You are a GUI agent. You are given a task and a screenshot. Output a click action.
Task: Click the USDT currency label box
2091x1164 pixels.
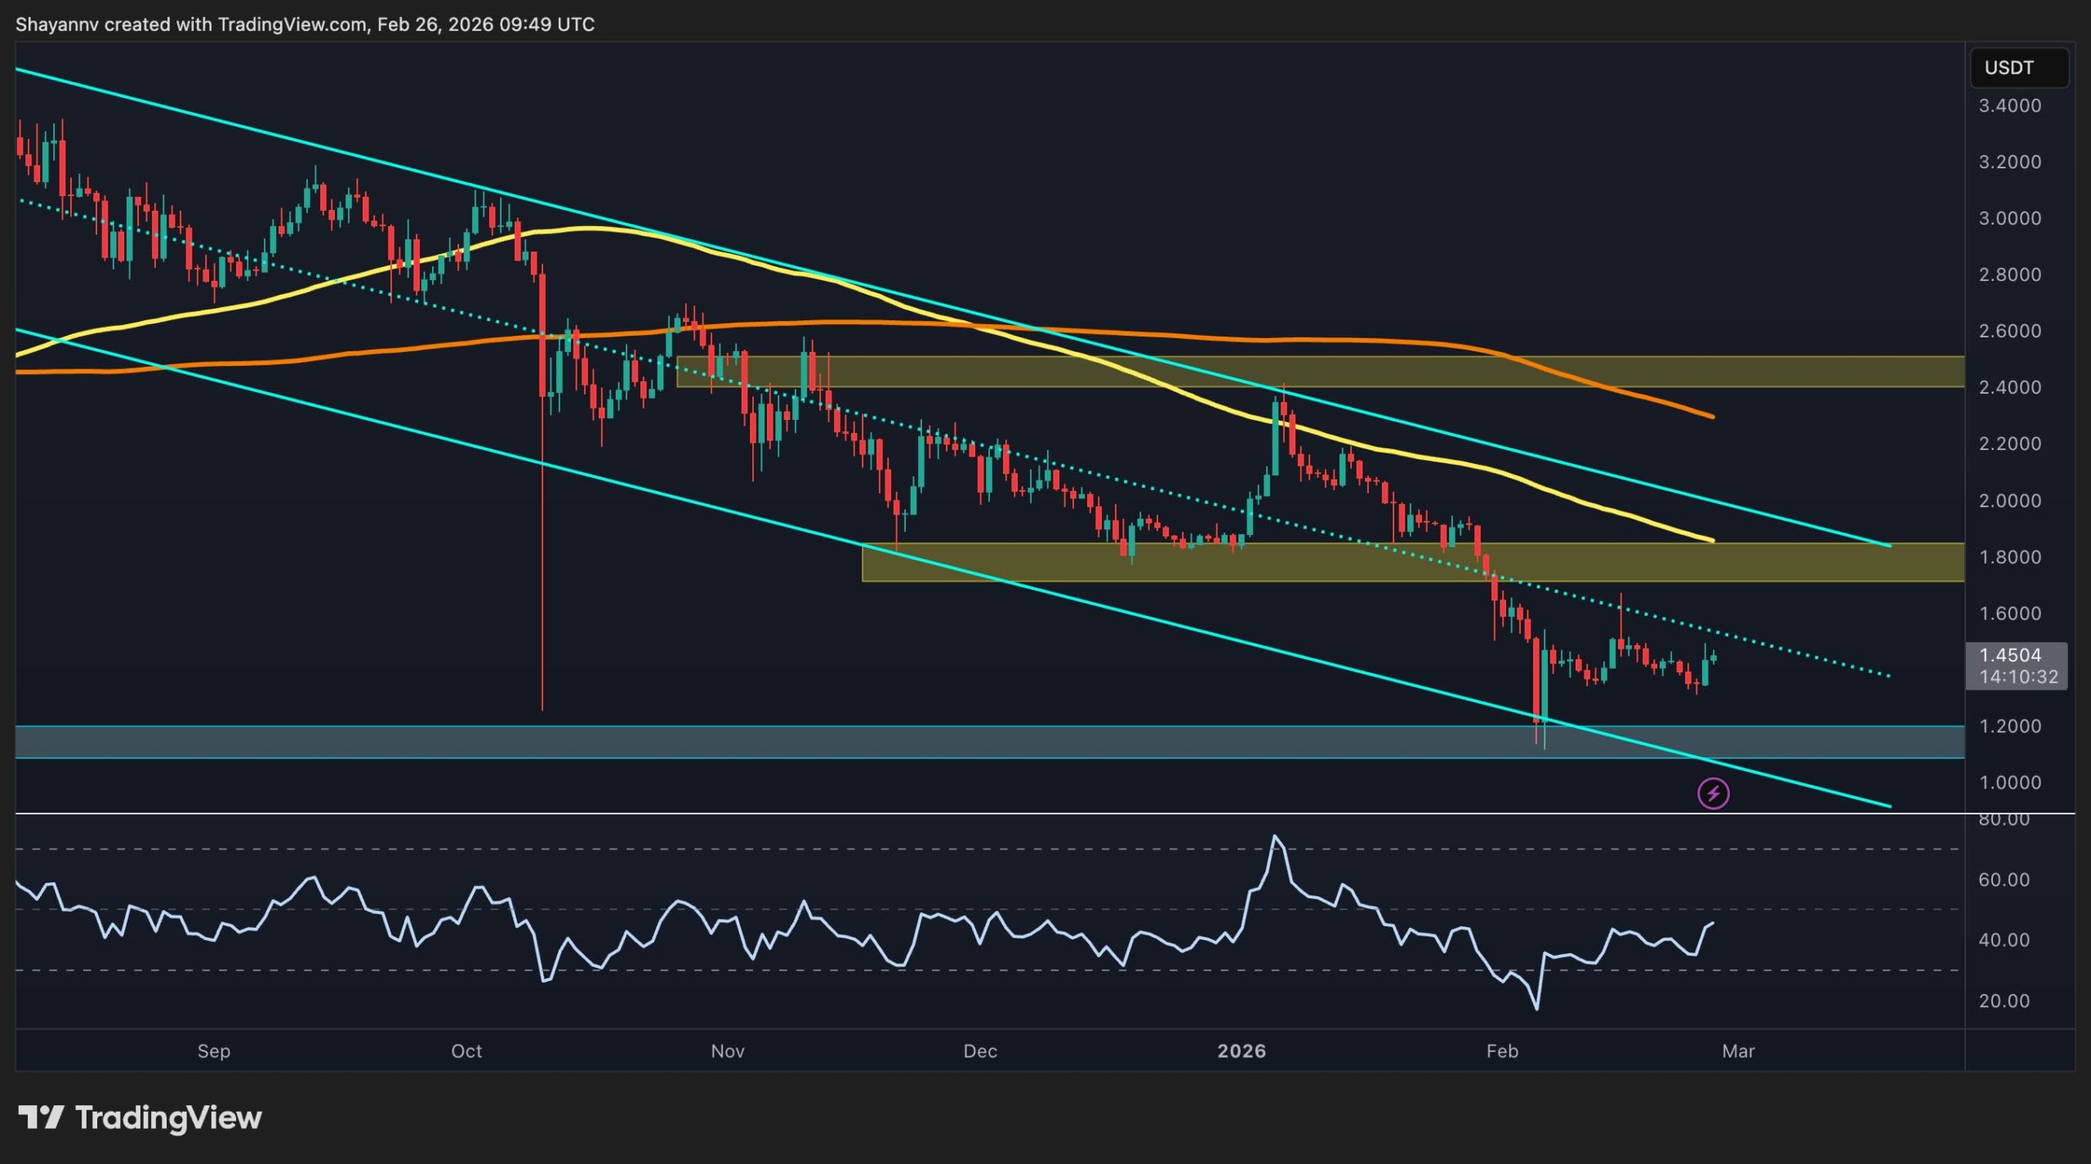click(2017, 68)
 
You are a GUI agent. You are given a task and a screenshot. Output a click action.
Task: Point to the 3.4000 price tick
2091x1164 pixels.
click(2009, 105)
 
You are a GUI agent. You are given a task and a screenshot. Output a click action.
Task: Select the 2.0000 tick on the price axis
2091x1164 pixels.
click(2009, 500)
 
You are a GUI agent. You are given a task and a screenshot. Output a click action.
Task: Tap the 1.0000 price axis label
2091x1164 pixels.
click(2009, 783)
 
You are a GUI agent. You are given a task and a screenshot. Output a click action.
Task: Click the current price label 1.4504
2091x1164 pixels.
click(2010, 655)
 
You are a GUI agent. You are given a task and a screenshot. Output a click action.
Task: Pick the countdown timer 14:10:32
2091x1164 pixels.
click(2017, 677)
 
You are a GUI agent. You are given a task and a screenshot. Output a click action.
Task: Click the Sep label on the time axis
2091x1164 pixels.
click(214, 1051)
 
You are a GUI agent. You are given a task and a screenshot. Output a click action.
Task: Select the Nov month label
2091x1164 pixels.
click(727, 1051)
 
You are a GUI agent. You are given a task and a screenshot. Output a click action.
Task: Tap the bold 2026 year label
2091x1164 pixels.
click(1242, 1051)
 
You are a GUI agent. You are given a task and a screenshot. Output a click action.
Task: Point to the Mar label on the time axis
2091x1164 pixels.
click(1738, 1051)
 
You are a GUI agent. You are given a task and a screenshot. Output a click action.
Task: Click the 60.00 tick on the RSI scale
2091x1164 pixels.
click(2003, 880)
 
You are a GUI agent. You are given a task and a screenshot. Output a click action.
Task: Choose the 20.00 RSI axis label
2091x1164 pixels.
click(2003, 1001)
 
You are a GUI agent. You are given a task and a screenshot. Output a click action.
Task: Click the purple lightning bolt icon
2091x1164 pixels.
click(1713, 793)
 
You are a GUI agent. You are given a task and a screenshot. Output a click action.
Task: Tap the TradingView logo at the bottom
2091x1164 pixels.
click(140, 1117)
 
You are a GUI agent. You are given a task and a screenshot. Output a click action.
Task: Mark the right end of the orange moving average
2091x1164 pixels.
click(1712, 417)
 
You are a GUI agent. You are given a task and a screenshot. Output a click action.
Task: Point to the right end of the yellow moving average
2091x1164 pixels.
click(1712, 540)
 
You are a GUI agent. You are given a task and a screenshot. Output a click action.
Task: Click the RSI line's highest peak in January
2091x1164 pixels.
click(1275, 836)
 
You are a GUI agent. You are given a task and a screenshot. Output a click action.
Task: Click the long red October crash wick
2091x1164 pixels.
click(542, 572)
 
